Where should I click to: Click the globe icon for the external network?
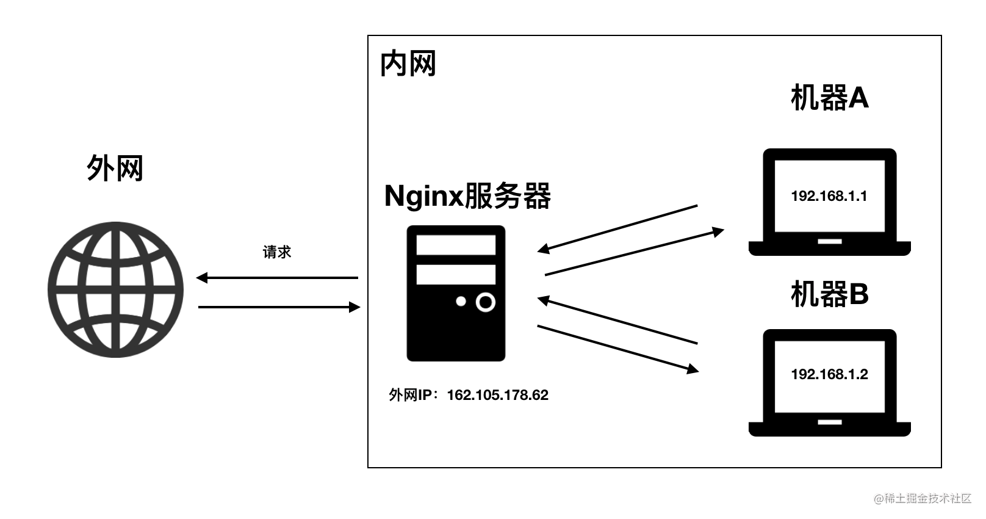pos(115,289)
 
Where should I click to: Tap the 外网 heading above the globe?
pos(115,168)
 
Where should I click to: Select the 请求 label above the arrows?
pos(277,252)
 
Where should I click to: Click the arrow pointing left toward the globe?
pos(278,278)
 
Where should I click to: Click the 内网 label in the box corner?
pos(408,64)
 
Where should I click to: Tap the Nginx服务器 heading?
pos(467,196)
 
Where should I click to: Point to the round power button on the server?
pos(485,302)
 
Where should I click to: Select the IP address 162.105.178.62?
pos(497,395)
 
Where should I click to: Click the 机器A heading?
pos(829,98)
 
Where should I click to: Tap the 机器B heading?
pos(829,294)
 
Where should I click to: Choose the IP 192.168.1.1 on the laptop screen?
pos(829,196)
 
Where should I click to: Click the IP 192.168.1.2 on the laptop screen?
pos(829,374)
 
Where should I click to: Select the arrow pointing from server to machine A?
pos(635,253)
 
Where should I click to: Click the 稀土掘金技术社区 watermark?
pos(922,498)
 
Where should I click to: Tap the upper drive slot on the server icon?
pos(456,245)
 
